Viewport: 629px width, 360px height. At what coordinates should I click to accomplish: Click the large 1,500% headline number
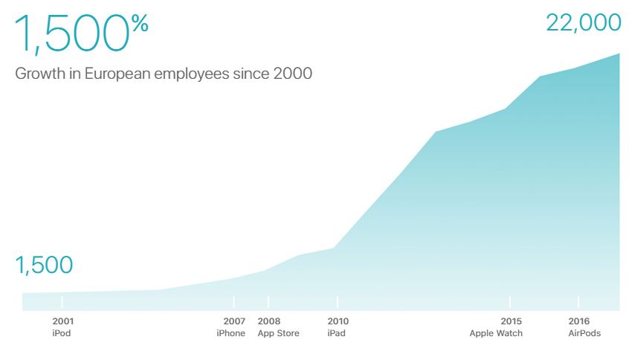[x=71, y=35]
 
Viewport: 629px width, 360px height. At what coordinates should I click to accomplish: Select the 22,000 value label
[x=583, y=22]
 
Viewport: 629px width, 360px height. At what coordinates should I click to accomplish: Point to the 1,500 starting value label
[x=44, y=265]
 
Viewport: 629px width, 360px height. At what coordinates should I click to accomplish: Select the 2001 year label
[x=62, y=321]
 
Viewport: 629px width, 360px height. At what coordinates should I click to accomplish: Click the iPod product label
[x=62, y=333]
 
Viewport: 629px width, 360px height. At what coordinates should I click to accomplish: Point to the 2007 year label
[x=234, y=321]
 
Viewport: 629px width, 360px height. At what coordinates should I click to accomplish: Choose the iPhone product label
[x=230, y=333]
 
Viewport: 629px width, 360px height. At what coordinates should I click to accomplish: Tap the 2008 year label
[x=269, y=321]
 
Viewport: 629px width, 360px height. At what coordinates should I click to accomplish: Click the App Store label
[x=278, y=333]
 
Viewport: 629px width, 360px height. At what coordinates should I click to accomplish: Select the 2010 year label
[x=338, y=321]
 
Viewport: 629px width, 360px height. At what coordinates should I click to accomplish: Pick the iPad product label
[x=336, y=333]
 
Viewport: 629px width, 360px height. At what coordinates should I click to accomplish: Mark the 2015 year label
[x=511, y=321]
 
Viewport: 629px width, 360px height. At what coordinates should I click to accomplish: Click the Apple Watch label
[x=496, y=333]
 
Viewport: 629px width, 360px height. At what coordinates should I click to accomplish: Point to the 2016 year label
[x=579, y=321]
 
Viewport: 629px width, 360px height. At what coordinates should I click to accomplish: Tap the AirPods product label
[x=584, y=333]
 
